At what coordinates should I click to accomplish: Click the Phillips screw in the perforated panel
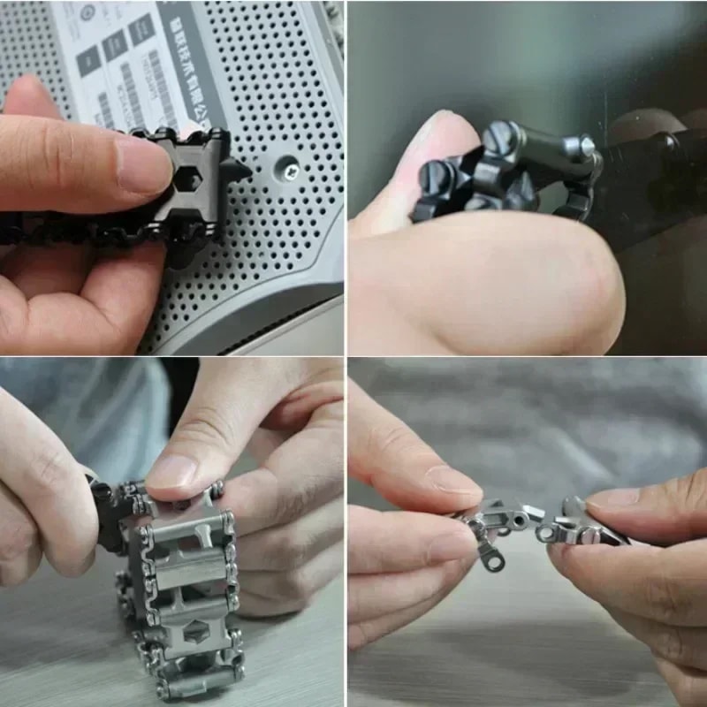pyautogui.click(x=290, y=165)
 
